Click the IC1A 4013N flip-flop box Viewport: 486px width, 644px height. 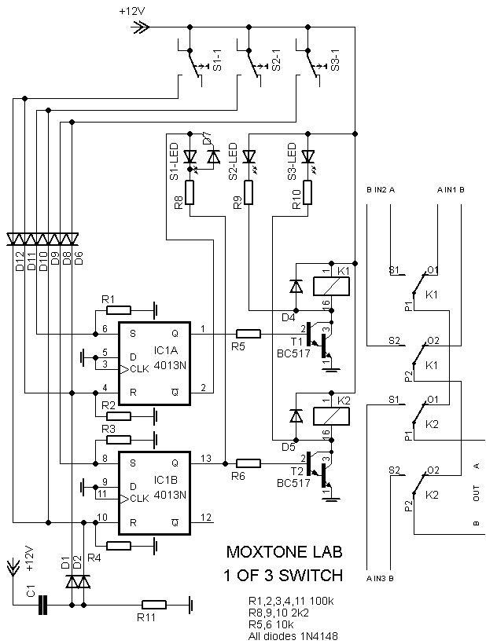[x=154, y=364]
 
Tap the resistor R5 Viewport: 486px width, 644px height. [x=249, y=333]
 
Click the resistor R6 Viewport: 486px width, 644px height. [x=249, y=463]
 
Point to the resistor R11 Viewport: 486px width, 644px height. [x=153, y=605]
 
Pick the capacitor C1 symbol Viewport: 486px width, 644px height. [x=43, y=605]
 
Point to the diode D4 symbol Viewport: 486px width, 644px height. [x=296, y=286]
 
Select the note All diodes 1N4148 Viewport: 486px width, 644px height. [x=292, y=636]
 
